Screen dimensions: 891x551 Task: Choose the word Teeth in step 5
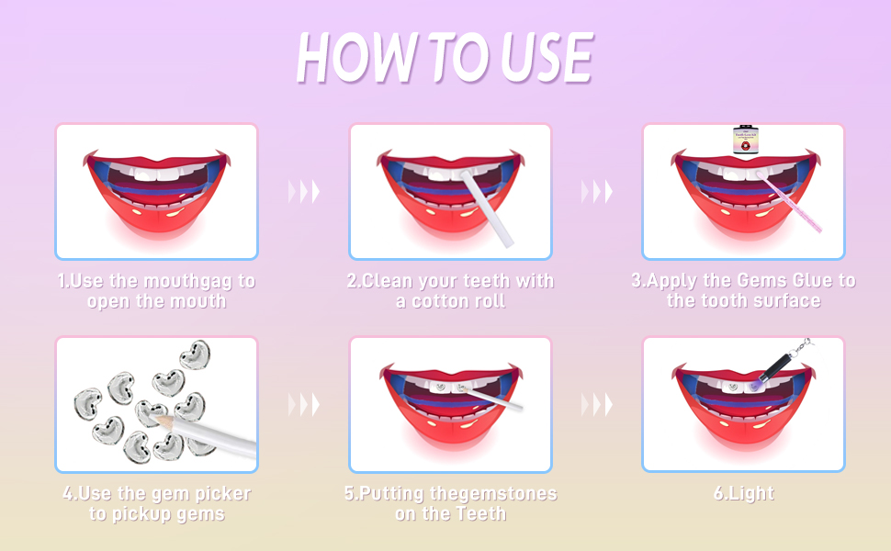482,513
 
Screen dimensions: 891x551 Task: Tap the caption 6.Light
744,493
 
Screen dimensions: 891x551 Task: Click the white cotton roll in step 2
487,208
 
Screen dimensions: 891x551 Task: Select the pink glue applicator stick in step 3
791,202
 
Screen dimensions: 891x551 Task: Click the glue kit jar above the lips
744,139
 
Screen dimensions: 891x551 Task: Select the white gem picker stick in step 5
491,399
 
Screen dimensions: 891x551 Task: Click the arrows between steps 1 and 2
304,191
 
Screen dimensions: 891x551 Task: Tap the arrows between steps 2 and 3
597,191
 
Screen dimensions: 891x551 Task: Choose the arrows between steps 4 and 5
304,404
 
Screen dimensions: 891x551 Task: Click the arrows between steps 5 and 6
597,404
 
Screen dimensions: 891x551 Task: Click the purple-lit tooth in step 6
753,387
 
